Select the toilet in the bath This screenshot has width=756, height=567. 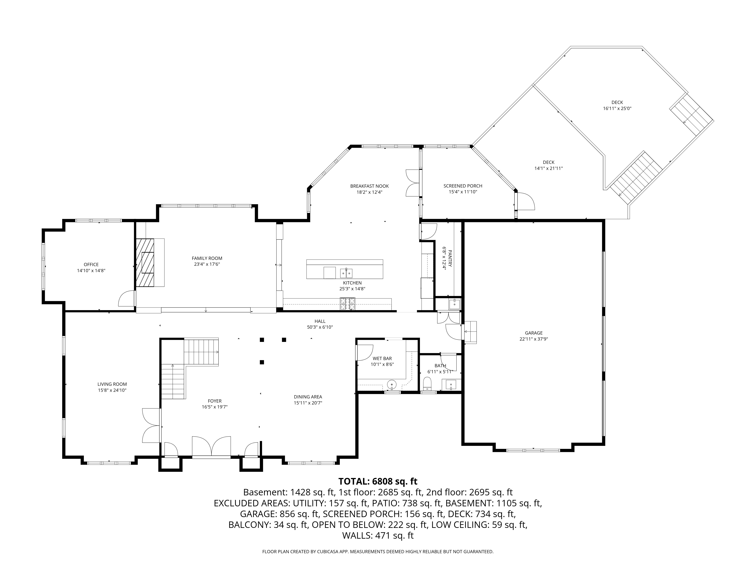coord(427,383)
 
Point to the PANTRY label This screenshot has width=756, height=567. coord(450,259)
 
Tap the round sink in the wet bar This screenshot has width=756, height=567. coord(391,385)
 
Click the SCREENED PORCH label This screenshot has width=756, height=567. coord(463,186)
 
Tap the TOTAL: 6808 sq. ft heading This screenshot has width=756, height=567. coord(378,481)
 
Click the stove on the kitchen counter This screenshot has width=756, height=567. coord(347,304)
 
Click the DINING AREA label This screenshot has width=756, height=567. coord(308,397)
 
